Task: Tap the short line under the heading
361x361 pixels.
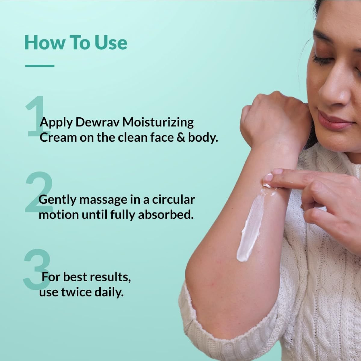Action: [x=40, y=66]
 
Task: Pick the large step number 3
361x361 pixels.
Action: [x=36, y=270]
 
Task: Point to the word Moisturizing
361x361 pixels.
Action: [x=158, y=123]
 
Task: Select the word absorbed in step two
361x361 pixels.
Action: [x=165, y=215]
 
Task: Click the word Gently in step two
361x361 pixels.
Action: [x=57, y=200]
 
